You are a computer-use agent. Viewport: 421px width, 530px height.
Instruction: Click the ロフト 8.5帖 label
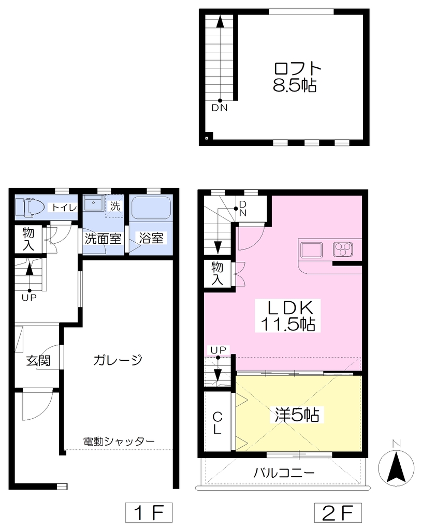click(x=295, y=77)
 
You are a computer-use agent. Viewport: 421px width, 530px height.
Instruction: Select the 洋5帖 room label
click(x=297, y=415)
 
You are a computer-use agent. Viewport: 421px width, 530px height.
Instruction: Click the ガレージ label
click(x=118, y=360)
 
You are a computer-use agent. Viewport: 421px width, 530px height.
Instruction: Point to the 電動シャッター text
click(x=119, y=441)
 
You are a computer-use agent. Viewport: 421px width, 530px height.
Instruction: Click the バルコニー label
click(x=284, y=472)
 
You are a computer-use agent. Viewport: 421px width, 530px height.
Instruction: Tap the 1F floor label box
click(x=149, y=512)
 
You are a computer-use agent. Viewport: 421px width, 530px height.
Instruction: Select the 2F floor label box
click(x=338, y=512)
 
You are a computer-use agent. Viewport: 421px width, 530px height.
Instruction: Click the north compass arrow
click(x=396, y=468)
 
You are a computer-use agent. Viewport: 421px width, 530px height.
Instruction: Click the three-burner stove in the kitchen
click(x=343, y=249)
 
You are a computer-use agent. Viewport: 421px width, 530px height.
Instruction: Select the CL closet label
click(x=217, y=423)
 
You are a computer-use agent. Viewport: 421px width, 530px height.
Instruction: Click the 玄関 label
click(x=38, y=361)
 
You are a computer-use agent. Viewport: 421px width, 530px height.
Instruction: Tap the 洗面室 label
click(x=103, y=239)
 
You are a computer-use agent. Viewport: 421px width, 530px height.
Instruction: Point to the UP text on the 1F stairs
click(x=29, y=298)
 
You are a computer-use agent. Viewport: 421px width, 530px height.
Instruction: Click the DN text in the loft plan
click(x=220, y=108)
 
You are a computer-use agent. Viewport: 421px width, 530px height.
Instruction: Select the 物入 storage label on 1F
click(x=28, y=239)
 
